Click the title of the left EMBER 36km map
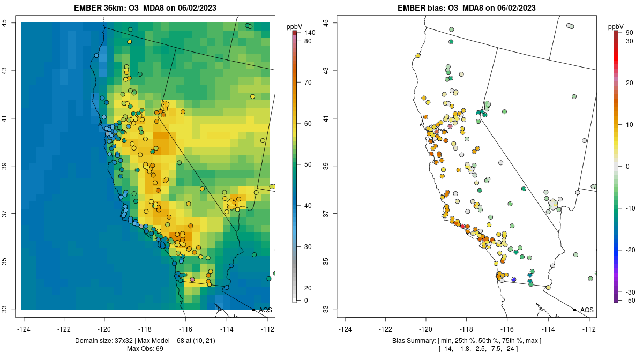point(145,8)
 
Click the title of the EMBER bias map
point(466,8)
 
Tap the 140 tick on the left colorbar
point(309,33)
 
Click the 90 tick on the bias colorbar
point(629,33)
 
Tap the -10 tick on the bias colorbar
point(630,208)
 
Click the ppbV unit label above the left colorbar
point(294,26)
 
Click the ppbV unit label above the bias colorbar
point(616,26)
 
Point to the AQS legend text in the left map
point(265,310)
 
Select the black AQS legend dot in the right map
point(574,310)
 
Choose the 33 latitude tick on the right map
point(326,309)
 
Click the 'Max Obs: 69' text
point(145,349)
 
